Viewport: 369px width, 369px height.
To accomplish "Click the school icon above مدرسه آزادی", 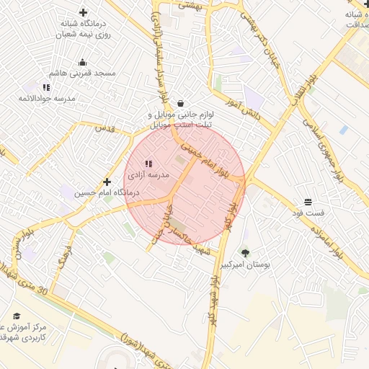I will click(148, 164).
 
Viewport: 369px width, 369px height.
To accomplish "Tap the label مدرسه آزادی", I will click(148, 175).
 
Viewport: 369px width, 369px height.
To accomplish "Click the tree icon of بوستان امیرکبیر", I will click(246, 253).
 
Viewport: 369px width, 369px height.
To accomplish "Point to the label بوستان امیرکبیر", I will click(246, 265).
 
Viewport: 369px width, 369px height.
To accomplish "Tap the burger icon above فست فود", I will click(308, 202).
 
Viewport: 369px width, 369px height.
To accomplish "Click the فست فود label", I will click(308, 213).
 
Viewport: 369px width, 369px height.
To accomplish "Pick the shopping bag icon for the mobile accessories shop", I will click(179, 102).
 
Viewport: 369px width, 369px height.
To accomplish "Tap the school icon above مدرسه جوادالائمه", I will click(47, 86).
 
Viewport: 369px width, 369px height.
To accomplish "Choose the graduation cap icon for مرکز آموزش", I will click(17, 316).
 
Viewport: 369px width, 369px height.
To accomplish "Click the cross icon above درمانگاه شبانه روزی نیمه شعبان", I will click(83, 12).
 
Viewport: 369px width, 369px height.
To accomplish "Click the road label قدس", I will click(106, 128).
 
